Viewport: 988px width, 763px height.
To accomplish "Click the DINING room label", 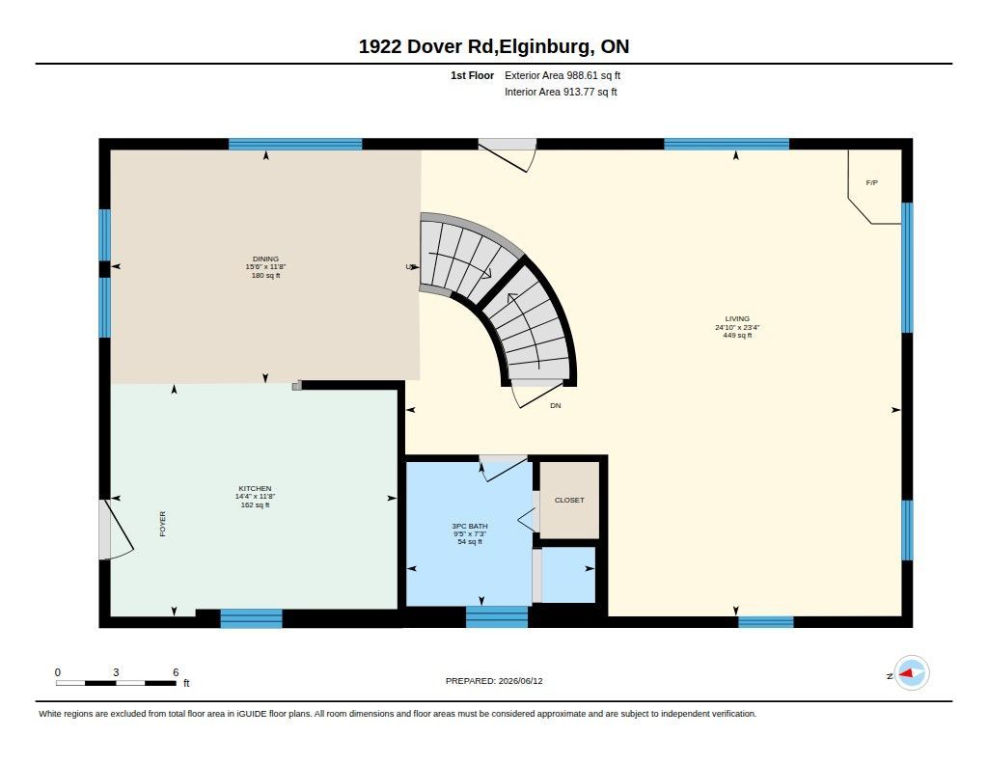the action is [x=265, y=259].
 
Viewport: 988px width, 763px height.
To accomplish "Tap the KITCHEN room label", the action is [x=255, y=488].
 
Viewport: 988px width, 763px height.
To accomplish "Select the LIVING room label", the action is [x=737, y=319].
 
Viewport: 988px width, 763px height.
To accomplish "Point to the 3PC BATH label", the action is [x=470, y=526].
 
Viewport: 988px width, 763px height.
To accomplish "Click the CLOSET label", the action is [x=569, y=500].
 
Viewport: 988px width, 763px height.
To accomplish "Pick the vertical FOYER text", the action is [x=162, y=524].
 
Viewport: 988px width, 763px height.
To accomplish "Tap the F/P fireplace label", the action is [x=872, y=182].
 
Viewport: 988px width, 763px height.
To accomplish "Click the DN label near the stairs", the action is [x=555, y=406].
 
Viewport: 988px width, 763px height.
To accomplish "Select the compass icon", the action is [x=911, y=673].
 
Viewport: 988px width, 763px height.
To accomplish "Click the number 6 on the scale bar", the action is [x=176, y=672].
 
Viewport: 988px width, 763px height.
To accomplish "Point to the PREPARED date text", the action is [x=494, y=680].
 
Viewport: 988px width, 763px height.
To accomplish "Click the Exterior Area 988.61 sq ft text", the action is [x=563, y=75].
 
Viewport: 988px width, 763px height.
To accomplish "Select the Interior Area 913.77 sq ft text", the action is [x=561, y=92].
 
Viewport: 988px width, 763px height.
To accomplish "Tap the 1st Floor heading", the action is [x=472, y=75].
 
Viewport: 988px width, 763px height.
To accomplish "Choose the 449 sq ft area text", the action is [x=737, y=335].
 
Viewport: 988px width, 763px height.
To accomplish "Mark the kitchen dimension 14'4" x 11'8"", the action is [x=255, y=497].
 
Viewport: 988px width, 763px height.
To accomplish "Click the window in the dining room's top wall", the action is [x=295, y=145].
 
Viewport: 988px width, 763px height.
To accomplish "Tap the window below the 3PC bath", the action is [x=497, y=616].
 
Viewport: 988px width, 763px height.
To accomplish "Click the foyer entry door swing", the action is [x=119, y=530].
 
